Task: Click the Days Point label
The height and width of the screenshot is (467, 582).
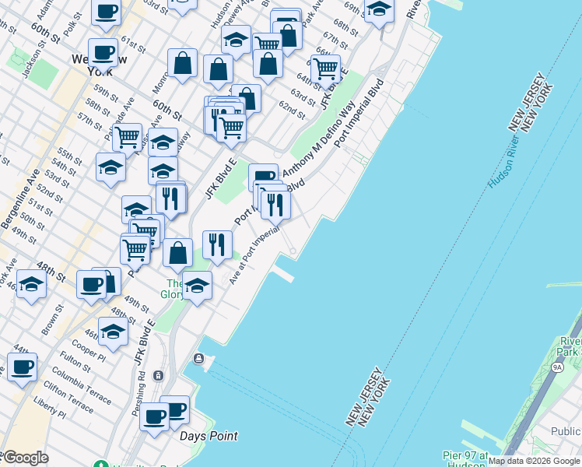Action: [x=209, y=436]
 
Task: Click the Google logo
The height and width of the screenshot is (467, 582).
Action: [x=25, y=458]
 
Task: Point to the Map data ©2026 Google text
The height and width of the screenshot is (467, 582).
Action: [x=534, y=461]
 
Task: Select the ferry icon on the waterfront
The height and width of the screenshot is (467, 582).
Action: [x=199, y=358]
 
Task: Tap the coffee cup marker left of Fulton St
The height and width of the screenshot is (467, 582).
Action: [x=22, y=366]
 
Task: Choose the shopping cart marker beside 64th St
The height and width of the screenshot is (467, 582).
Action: [x=325, y=68]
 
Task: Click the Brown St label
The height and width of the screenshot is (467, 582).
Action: [x=53, y=319]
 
